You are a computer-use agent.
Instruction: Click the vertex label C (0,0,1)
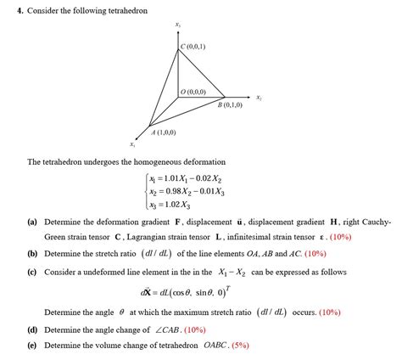click(x=193, y=46)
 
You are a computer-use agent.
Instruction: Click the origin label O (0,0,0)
click(x=193, y=91)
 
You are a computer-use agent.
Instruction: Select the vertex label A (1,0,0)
click(x=163, y=132)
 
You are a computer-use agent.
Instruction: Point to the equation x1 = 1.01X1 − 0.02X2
click(x=184, y=179)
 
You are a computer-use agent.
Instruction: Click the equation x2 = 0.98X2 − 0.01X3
click(x=184, y=192)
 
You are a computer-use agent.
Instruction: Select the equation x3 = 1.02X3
click(x=169, y=205)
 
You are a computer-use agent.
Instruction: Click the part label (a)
click(x=31, y=221)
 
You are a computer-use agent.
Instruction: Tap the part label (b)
click(x=31, y=253)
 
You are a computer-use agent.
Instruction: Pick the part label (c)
click(x=31, y=273)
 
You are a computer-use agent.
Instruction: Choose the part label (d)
click(x=31, y=329)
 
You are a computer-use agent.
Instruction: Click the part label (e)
click(x=31, y=346)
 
